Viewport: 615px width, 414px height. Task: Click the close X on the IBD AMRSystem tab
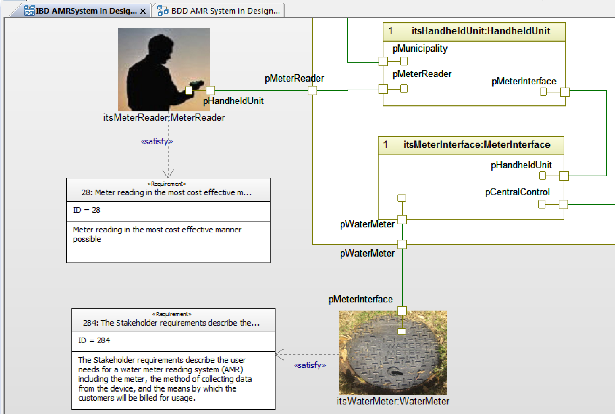[143, 11]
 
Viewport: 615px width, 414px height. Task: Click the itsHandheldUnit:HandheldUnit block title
[480, 31]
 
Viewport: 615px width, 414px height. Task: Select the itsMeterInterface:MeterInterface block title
[477, 145]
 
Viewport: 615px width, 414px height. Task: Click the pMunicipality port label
[420, 48]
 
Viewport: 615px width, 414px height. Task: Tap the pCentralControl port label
[517, 192]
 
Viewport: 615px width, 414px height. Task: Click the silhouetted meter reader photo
[164, 69]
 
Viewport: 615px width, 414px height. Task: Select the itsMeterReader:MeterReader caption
[164, 118]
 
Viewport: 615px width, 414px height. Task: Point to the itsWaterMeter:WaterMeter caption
[393, 401]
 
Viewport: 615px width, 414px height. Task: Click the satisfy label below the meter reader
[156, 141]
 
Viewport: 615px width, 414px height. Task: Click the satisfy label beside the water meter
[310, 365]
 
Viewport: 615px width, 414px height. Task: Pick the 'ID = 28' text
[87, 210]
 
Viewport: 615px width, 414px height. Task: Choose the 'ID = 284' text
[94, 341]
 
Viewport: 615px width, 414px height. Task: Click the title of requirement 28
[166, 193]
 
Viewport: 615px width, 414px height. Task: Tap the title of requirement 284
[171, 323]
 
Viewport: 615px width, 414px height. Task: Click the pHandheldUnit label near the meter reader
[233, 101]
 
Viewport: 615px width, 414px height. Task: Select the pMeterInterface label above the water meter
[360, 299]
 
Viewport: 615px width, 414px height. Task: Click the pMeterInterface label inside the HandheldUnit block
[524, 81]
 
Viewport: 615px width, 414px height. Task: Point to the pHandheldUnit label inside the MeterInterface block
[521, 165]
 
